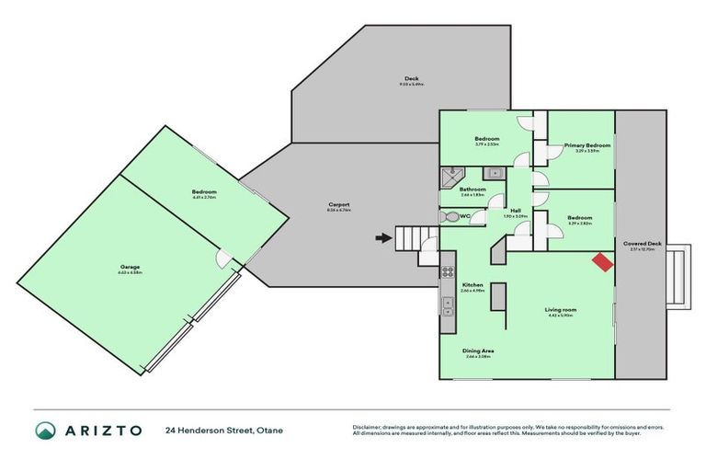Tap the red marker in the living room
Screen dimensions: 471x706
(602, 262)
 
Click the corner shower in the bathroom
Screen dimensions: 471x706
(452, 176)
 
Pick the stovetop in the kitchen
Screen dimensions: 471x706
(448, 271)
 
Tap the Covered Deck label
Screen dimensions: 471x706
(642, 243)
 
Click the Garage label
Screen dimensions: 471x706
(129, 267)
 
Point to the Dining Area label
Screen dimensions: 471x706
(475, 350)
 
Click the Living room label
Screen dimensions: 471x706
(560, 311)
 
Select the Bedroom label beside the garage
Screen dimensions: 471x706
(204, 191)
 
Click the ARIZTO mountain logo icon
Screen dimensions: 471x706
(45, 430)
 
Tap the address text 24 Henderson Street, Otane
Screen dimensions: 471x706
(220, 430)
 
